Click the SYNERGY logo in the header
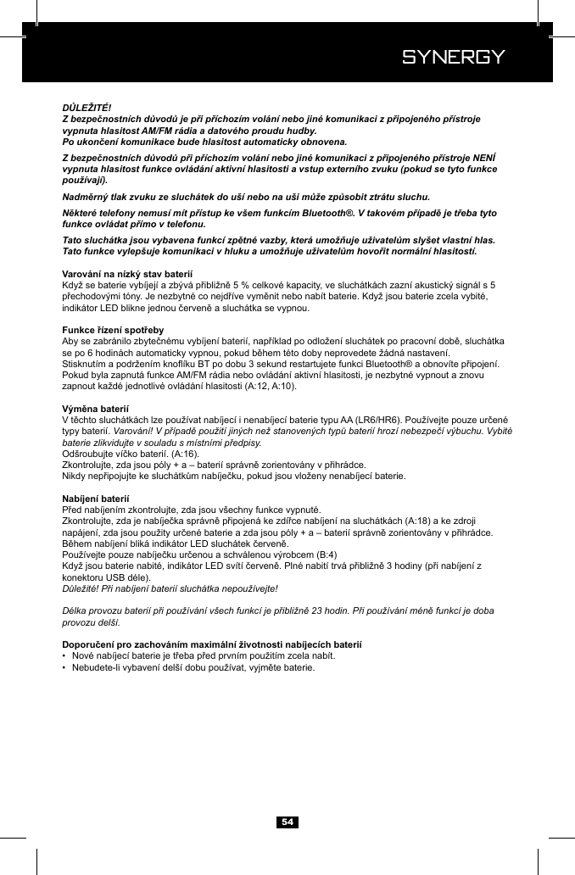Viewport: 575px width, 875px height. [454, 58]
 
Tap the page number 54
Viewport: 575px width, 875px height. [287, 822]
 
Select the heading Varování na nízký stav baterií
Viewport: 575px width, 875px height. [128, 275]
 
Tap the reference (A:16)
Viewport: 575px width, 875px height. [185, 454]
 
